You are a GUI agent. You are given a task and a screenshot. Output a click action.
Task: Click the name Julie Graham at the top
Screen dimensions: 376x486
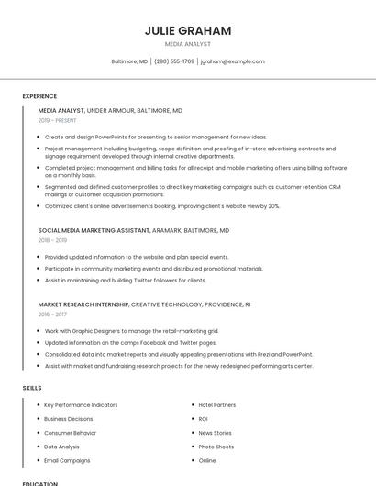coord(188,30)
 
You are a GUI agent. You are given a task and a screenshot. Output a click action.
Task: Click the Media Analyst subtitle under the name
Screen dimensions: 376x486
coord(188,44)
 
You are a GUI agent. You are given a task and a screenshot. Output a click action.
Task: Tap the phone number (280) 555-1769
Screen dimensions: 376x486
coord(174,61)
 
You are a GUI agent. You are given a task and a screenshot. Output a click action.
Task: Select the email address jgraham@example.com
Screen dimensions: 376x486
coord(233,61)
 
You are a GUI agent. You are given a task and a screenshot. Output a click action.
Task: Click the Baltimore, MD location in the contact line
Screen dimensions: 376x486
coord(129,61)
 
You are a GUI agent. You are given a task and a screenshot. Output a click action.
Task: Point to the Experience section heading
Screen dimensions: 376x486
coord(39,96)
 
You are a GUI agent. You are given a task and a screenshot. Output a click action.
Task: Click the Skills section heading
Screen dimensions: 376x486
coord(32,388)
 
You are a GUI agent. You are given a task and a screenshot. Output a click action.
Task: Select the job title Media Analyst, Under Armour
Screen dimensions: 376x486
coord(110,110)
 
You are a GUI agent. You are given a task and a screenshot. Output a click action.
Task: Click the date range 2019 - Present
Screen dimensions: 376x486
coord(58,120)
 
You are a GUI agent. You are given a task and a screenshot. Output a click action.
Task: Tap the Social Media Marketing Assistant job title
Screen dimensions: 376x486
coord(134,231)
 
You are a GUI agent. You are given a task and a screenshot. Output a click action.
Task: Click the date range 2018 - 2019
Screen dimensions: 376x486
coord(51,241)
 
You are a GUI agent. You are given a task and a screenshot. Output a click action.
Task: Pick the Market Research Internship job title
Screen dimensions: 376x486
coord(144,304)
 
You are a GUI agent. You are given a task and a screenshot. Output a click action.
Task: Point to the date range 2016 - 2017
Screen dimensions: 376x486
coord(52,314)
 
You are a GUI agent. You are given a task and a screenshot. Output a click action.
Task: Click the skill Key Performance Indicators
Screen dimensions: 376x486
coord(81,404)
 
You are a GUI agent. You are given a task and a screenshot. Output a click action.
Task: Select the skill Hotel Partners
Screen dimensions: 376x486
coord(217,404)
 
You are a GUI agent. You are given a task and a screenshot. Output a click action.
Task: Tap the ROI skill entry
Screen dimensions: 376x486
coord(204,419)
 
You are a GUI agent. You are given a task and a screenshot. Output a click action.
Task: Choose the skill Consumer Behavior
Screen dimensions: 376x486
coord(70,433)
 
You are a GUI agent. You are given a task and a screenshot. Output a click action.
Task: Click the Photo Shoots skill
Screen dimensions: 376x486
coord(216,447)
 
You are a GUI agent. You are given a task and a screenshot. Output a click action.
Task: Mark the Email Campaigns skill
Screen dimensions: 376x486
coord(67,460)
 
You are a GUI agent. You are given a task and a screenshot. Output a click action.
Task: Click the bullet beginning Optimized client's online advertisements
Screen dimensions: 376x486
coord(162,206)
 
